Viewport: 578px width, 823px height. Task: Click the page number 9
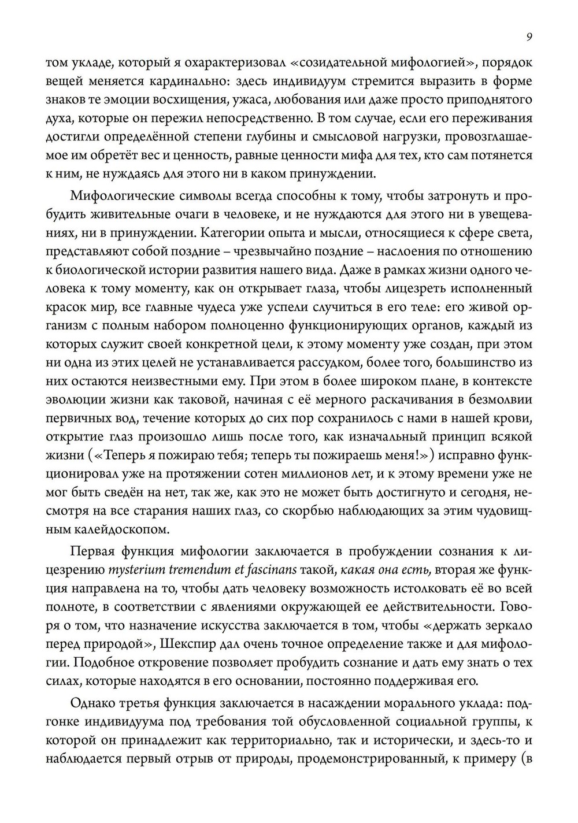click(x=529, y=37)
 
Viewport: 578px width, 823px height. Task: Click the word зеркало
click(x=507, y=625)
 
